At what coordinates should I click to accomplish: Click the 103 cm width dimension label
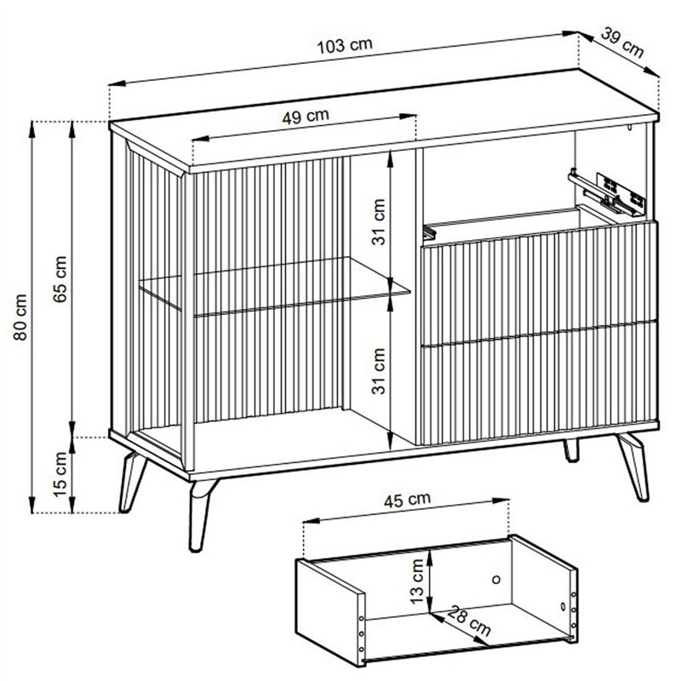click(345, 46)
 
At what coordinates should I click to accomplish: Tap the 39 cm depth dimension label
click(622, 42)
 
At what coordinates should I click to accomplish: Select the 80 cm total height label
click(20, 317)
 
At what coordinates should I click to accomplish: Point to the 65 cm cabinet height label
click(60, 279)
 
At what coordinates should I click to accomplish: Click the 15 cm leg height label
click(60, 474)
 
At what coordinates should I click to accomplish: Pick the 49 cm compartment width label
click(306, 117)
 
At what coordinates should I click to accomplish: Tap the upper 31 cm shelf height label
click(378, 222)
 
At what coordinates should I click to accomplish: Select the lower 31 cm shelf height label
click(378, 371)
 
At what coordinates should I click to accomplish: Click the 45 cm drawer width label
click(407, 500)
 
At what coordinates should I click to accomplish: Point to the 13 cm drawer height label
click(416, 581)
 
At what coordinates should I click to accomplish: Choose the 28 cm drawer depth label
click(469, 621)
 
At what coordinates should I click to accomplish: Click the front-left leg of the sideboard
click(201, 515)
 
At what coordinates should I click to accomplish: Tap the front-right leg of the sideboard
click(633, 466)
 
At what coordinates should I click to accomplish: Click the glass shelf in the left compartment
click(274, 286)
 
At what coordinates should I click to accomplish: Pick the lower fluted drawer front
click(539, 383)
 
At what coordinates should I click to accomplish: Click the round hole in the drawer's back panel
click(496, 579)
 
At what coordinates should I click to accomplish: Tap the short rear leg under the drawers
click(571, 450)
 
